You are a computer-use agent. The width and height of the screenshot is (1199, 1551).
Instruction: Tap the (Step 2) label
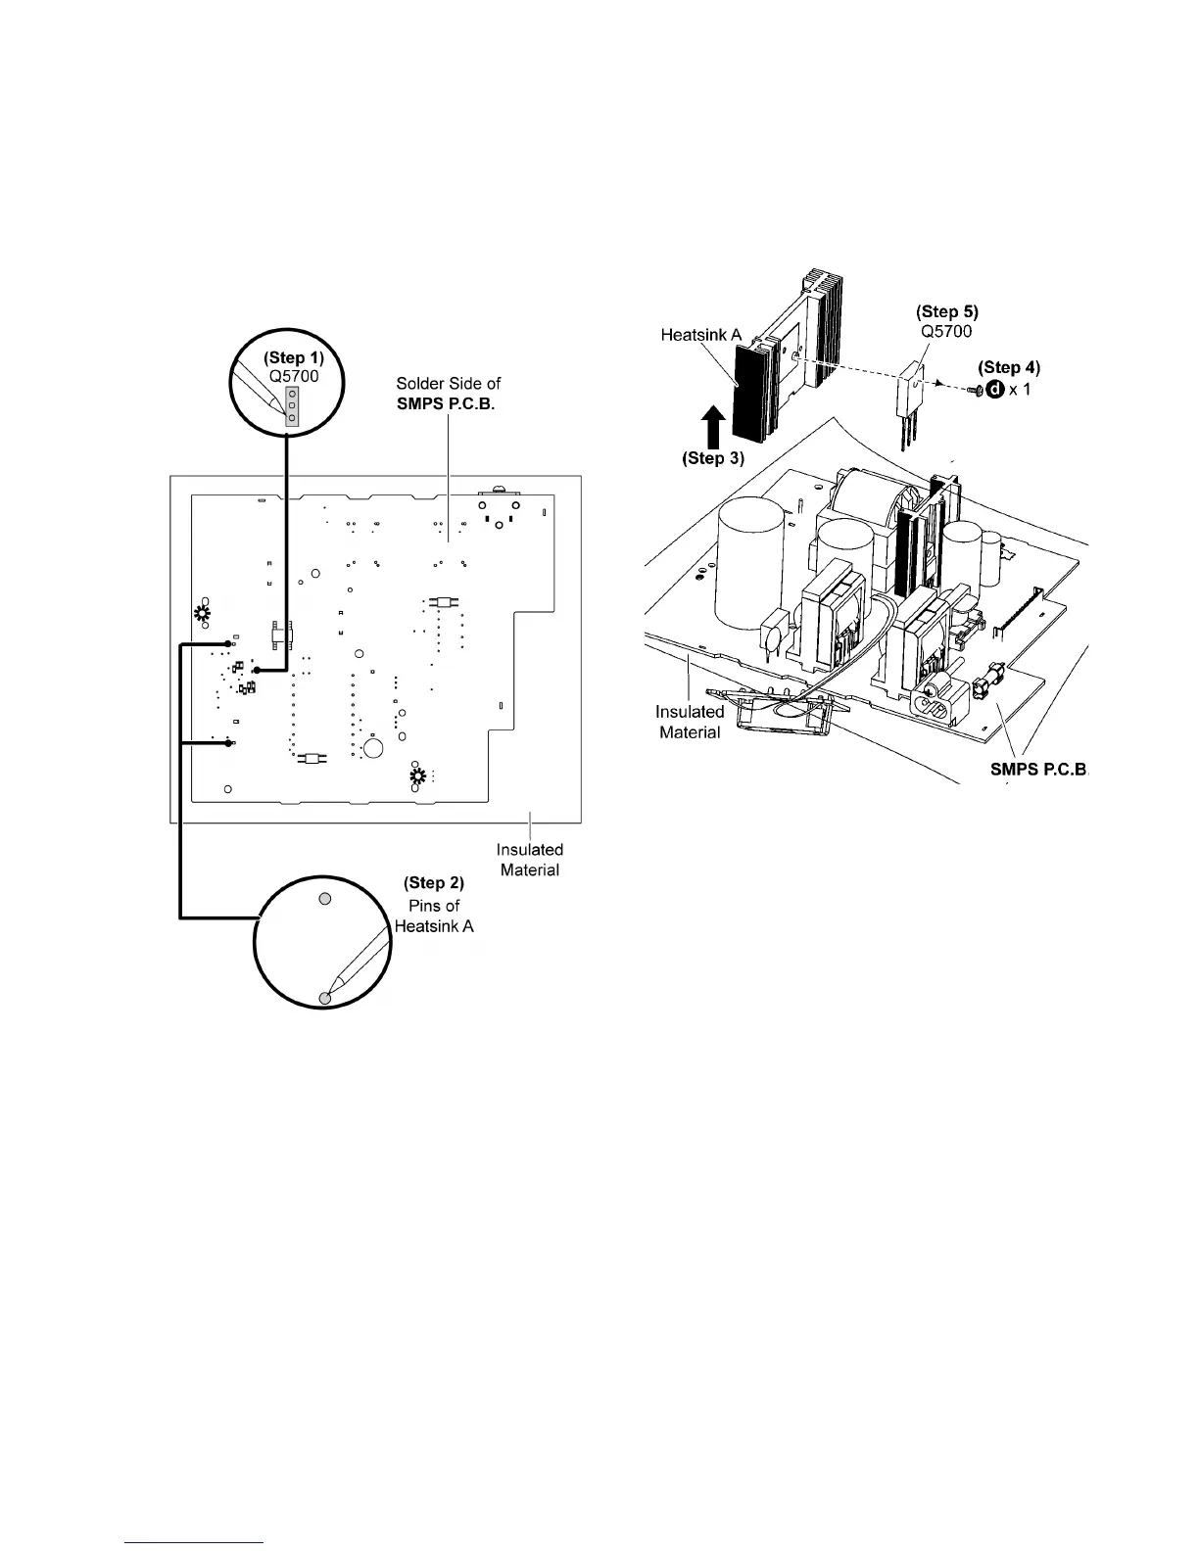434,883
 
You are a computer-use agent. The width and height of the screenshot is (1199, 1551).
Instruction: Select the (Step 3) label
713,457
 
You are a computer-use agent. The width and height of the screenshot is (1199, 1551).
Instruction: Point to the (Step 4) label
1009,367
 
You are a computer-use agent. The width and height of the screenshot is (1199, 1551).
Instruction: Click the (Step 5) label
946,311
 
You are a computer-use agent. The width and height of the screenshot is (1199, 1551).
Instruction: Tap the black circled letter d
995,390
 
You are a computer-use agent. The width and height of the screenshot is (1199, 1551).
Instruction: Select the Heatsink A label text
700,334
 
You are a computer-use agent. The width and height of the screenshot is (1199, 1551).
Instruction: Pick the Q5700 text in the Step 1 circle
295,376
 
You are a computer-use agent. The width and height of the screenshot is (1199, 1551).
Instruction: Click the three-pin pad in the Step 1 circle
292,404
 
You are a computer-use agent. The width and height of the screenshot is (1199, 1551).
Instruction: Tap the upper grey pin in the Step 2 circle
327,898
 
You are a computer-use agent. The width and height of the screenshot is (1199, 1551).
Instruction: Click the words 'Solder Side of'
448,384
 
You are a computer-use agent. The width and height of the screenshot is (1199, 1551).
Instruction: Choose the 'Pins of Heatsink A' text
434,916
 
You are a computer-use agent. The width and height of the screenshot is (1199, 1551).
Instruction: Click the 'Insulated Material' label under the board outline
530,860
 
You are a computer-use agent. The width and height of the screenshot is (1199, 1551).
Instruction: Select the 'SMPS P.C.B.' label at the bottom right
1038,770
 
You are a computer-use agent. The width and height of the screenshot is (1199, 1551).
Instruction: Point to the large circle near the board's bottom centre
373,749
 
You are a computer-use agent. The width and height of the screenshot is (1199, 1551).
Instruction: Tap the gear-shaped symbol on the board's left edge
203,615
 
